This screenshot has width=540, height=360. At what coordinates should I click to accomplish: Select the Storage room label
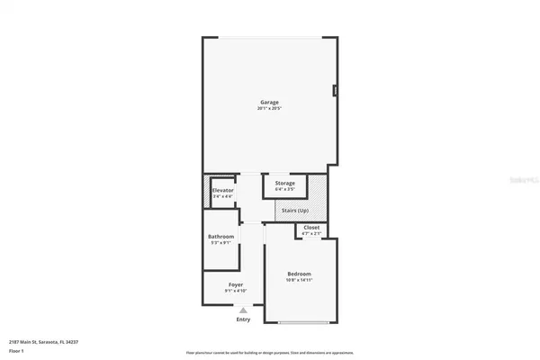284,184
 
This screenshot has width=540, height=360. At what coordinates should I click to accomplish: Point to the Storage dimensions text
284,190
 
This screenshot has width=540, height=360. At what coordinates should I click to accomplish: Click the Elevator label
223,190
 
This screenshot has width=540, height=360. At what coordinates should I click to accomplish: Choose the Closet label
311,228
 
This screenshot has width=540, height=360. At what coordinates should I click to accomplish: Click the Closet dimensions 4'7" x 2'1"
311,234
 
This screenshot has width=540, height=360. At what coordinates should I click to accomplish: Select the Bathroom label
221,236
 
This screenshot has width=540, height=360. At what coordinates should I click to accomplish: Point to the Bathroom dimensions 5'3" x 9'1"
221,242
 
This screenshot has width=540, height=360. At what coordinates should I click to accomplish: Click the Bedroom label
299,274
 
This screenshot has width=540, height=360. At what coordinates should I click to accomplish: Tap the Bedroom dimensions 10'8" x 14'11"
299,280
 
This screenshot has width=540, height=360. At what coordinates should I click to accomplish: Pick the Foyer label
236,285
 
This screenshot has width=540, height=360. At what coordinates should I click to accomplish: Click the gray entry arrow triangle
243,309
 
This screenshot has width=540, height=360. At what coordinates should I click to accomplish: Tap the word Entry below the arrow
243,319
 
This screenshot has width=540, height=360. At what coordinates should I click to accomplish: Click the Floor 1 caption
16,352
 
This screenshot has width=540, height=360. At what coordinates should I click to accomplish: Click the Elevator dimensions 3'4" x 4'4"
223,196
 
